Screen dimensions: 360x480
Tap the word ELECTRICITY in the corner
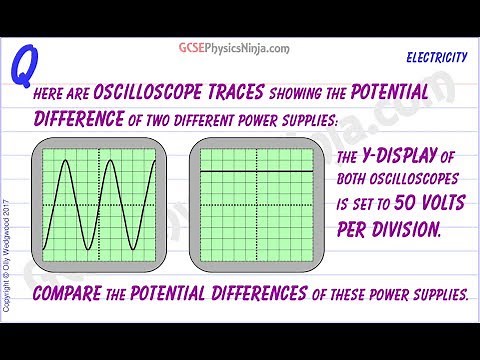[438, 59]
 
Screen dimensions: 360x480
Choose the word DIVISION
[394, 228]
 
